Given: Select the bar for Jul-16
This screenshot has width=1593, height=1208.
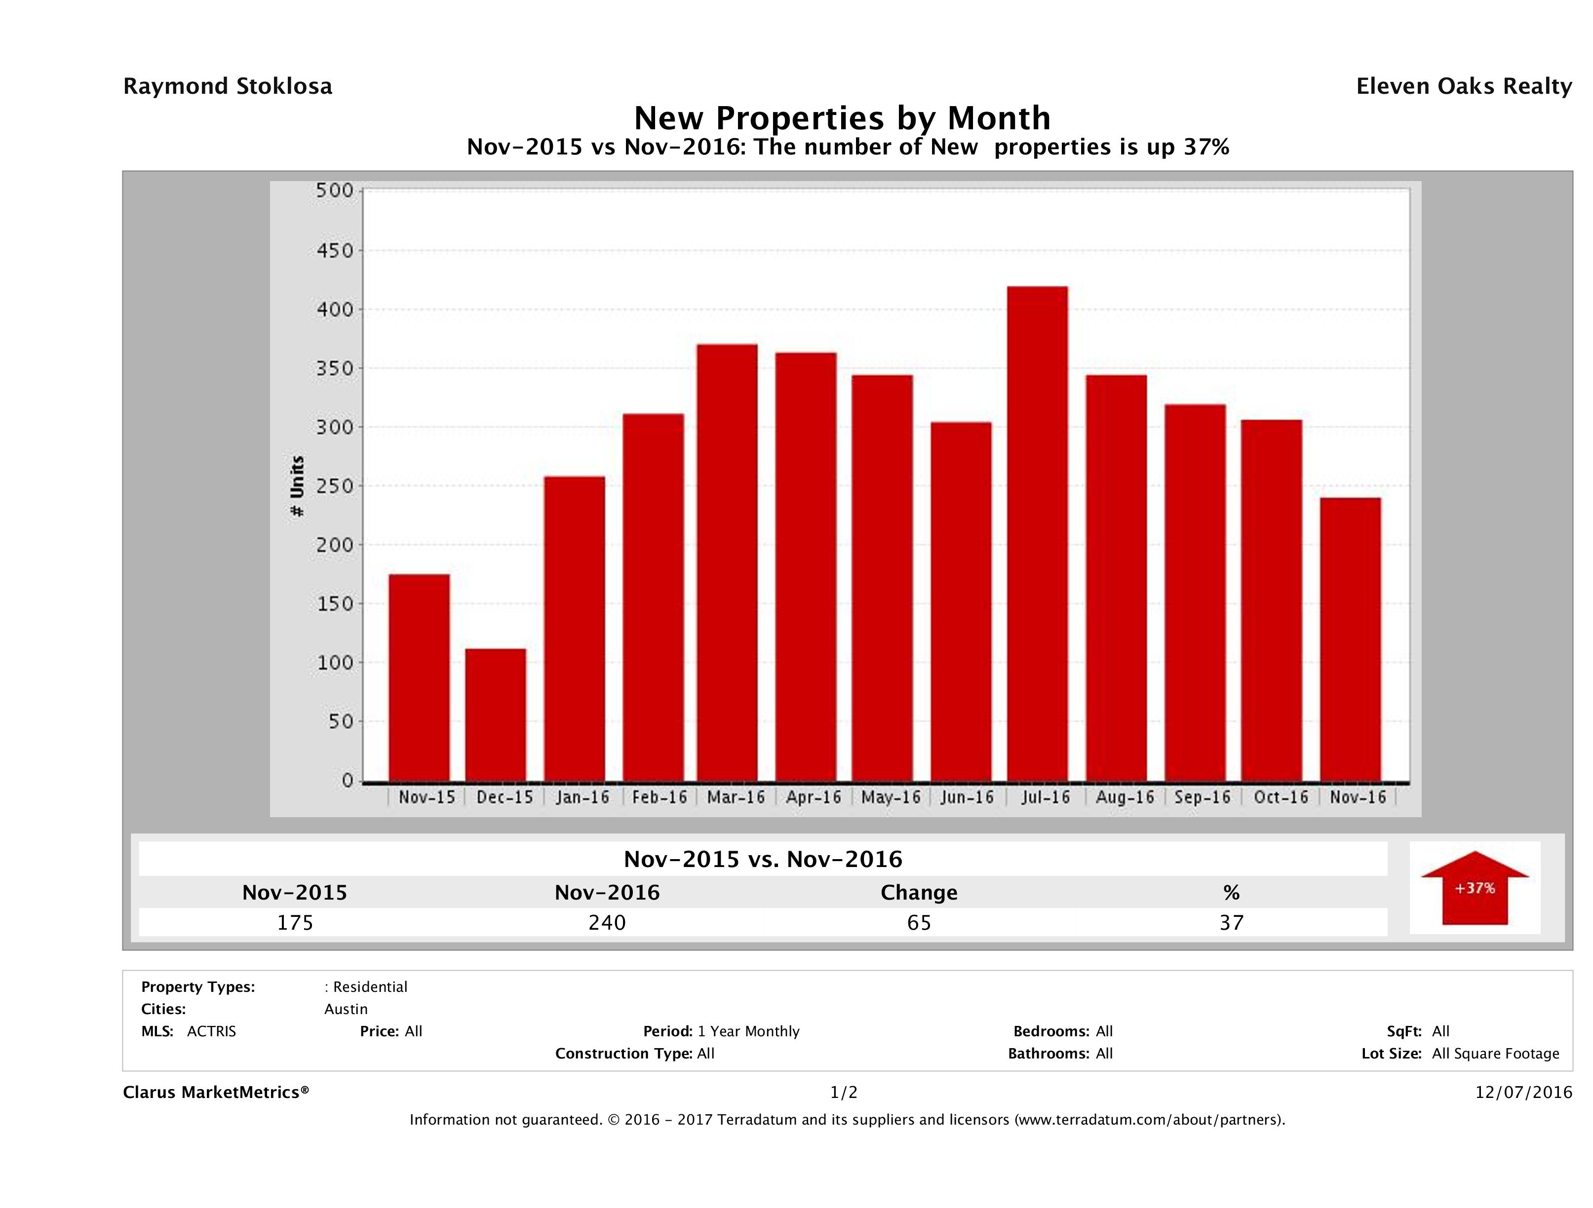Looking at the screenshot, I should [1037, 533].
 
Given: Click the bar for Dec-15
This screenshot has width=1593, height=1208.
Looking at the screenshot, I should [496, 715].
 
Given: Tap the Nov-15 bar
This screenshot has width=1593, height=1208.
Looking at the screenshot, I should [419, 678].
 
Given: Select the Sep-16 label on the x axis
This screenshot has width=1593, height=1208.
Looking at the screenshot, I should [1202, 797].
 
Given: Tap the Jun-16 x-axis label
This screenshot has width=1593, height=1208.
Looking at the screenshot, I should [967, 797].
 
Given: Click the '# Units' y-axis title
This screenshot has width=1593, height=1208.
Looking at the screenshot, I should [297, 487].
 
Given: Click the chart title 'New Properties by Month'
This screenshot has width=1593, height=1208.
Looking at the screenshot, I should [842, 117].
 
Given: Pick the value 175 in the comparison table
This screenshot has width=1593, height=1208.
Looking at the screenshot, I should [295, 922].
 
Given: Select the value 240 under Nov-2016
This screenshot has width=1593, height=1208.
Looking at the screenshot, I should [607, 922].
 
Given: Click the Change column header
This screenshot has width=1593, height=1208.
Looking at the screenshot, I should [919, 893].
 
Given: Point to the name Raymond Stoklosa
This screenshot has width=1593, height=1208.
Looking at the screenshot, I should [228, 86].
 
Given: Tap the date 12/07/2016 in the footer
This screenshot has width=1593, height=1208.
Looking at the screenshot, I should [1523, 1092].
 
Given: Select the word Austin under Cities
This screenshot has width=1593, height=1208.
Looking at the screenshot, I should [346, 1009].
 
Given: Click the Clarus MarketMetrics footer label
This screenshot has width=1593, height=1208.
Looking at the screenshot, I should [216, 1092].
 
